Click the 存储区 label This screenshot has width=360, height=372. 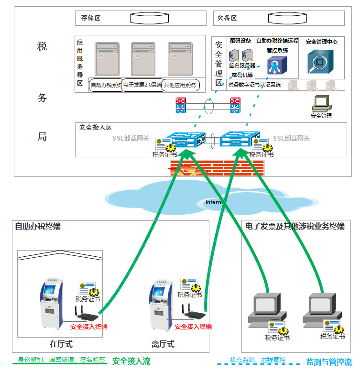coord(90,18)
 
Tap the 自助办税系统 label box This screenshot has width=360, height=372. coord(106,86)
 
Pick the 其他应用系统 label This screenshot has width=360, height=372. coord(180,86)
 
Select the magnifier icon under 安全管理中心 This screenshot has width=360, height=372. coord(321,60)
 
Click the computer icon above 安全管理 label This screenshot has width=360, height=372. coord(321,103)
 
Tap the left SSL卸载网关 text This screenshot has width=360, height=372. coord(131,138)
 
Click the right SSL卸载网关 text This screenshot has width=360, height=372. coord(291,138)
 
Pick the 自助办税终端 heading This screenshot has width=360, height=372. coord(38,226)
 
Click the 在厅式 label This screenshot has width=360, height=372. coord(61,344)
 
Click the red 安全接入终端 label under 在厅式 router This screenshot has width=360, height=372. coord(88,327)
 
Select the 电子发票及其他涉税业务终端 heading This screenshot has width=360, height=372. coord(295,226)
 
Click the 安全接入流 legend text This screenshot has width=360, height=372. coord(131,361)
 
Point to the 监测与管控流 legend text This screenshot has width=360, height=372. coord(328,362)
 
